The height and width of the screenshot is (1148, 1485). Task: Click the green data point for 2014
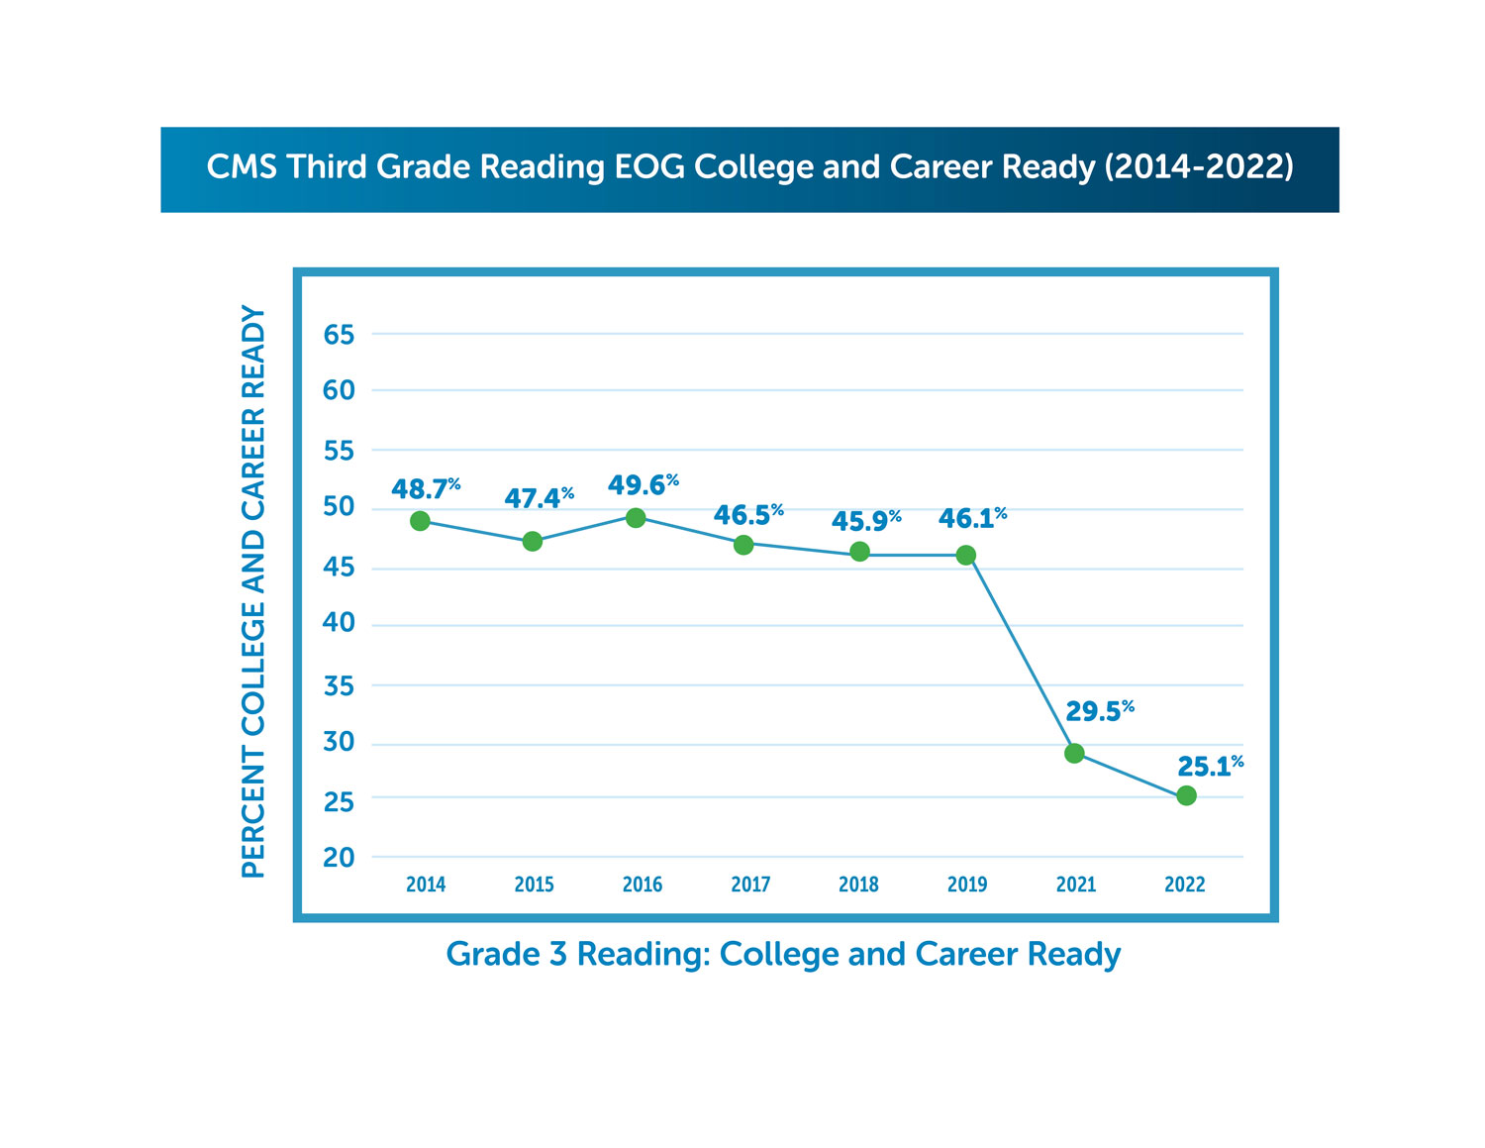click(420, 521)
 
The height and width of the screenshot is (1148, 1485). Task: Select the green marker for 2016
click(636, 518)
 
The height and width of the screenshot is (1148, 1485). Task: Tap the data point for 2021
click(1074, 754)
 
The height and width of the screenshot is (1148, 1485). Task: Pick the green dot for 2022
click(1186, 795)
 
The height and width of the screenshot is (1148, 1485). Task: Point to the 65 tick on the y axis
click(339, 335)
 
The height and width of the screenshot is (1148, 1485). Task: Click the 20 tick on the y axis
click(339, 858)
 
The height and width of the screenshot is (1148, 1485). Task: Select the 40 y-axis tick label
click(339, 624)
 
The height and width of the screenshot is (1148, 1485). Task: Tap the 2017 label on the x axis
click(750, 885)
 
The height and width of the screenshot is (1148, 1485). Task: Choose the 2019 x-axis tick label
click(967, 885)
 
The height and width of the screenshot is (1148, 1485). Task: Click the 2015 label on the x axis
click(534, 885)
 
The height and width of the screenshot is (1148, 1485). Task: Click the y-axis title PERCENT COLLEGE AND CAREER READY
click(254, 591)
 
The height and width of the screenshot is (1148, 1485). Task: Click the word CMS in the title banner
click(242, 167)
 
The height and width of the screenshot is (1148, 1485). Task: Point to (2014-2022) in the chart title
click(1199, 167)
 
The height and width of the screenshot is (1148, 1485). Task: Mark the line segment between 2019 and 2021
click(1020, 655)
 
